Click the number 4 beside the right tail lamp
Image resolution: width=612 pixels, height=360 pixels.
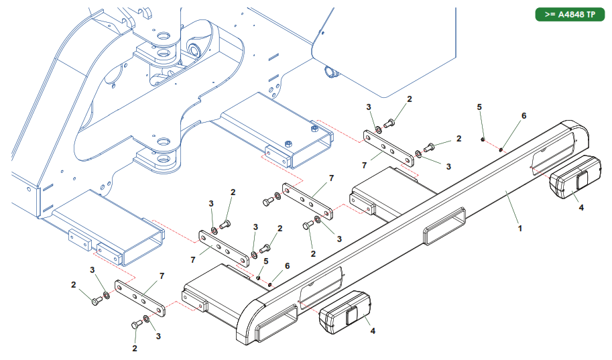[581, 208]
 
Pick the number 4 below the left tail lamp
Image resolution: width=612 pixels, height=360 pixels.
[373, 331]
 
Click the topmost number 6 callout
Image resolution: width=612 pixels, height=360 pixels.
[524, 115]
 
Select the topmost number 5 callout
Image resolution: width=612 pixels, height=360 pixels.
[479, 107]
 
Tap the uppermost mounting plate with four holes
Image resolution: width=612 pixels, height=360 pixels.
[388, 147]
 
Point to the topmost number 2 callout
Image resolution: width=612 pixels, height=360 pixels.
[410, 99]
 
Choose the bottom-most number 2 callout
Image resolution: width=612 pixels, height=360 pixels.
[135, 349]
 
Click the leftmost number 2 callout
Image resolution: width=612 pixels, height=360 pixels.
[74, 285]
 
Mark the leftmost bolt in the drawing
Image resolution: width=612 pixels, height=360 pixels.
[95, 302]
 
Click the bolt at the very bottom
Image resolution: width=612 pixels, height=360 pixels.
[136, 324]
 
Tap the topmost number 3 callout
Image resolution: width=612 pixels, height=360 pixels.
[368, 107]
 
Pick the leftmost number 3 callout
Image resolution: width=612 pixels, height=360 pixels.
[93, 269]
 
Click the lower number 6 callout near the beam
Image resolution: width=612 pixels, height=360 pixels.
[288, 265]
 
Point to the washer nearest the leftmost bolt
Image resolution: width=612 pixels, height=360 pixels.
[107, 295]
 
